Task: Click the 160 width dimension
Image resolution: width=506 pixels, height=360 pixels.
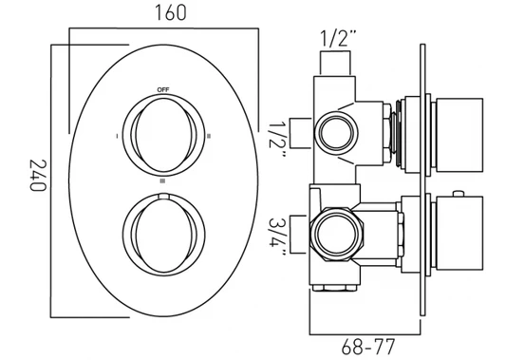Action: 171,13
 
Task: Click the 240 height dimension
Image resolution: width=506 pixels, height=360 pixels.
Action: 38,176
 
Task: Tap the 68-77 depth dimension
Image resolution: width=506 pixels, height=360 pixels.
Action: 368,347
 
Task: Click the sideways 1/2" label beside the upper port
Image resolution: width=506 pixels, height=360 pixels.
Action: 277,140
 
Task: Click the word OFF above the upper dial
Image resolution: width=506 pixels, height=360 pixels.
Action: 163,89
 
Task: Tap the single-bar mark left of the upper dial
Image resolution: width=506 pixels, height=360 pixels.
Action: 117,136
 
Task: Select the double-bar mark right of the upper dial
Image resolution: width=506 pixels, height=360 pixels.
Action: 209,136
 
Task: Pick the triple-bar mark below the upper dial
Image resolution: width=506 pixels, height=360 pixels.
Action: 162,181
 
